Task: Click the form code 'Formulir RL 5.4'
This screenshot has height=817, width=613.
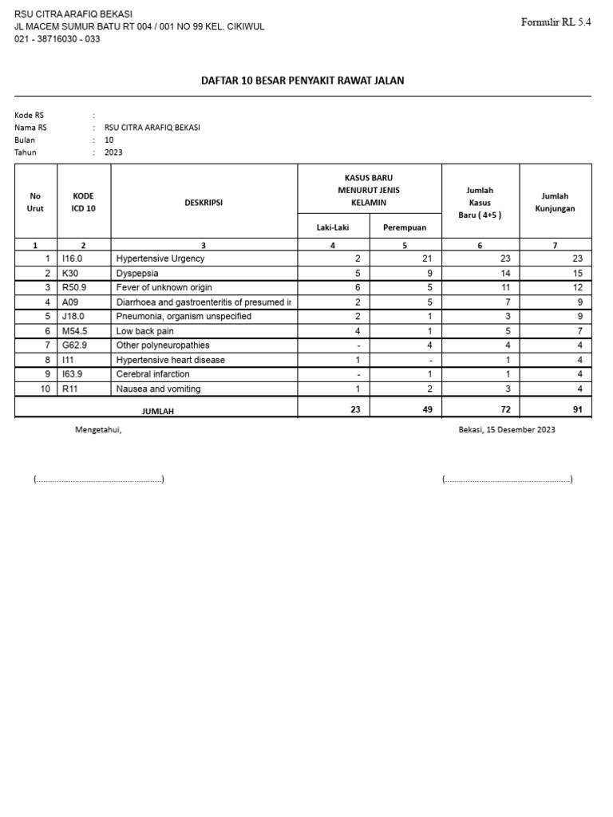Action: [556, 22]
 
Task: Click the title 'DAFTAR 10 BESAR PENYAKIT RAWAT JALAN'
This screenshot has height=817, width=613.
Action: [303, 81]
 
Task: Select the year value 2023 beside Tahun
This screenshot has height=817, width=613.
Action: [113, 152]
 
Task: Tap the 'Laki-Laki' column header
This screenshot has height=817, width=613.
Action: [333, 227]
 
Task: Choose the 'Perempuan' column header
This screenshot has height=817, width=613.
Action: [405, 227]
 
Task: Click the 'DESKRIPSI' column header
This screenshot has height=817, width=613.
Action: [204, 203]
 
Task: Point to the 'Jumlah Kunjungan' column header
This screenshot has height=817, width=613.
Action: [555, 203]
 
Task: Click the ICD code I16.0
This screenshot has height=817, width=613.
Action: [73, 259]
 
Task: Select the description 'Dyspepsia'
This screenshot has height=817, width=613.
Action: [137, 273]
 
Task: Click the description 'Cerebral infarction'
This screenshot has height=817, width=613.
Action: [153, 374]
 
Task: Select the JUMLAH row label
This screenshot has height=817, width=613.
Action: [157, 411]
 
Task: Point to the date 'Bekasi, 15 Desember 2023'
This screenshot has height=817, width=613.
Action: [507, 429]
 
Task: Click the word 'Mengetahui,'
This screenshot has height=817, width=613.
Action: [98, 429]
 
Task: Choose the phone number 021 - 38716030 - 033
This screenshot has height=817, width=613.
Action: [57, 39]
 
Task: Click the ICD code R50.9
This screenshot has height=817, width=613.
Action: [75, 287]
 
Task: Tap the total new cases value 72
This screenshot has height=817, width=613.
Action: [504, 409]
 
